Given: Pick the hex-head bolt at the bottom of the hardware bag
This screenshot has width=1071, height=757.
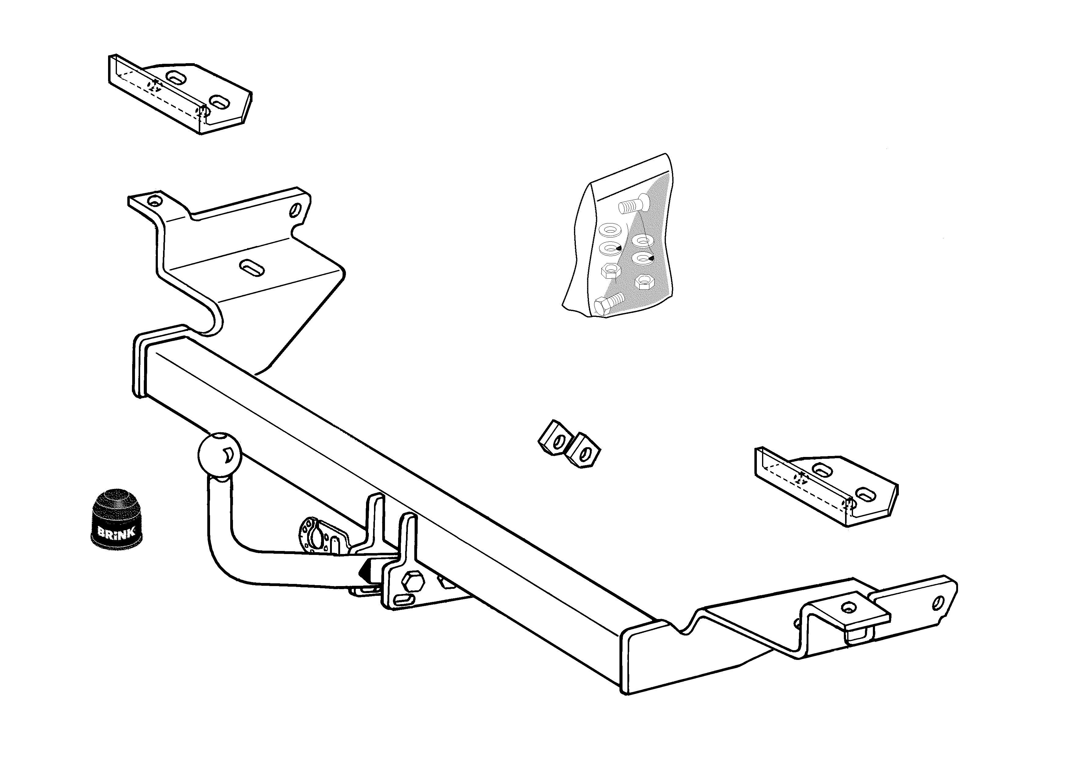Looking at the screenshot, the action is (610, 303).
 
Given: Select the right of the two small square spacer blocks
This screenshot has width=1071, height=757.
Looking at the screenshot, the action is (583, 450).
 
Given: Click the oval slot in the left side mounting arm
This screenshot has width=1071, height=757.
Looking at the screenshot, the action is (252, 267).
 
